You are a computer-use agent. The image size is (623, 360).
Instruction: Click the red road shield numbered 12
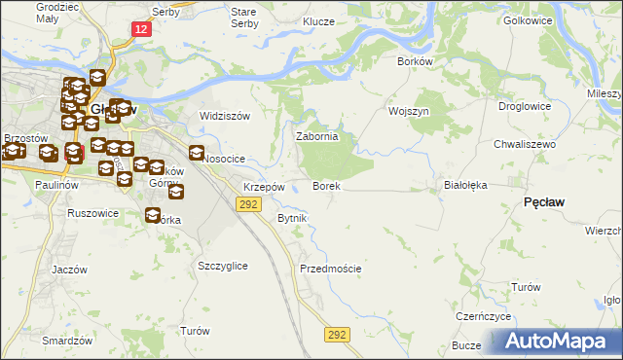142,30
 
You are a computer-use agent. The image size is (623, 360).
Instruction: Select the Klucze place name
318,20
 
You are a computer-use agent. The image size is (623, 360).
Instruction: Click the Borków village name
415,60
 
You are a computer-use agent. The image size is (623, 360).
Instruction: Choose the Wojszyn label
409,111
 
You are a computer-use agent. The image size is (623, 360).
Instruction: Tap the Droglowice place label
525,107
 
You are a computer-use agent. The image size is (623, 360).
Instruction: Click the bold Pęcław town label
544,200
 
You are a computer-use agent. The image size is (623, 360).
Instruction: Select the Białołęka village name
463,183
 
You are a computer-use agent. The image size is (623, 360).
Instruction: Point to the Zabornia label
316,137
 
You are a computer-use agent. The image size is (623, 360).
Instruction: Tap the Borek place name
325,185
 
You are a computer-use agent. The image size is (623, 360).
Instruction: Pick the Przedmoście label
331,269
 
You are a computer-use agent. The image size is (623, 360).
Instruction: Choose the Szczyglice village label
222,266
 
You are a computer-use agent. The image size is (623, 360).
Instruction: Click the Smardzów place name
67,341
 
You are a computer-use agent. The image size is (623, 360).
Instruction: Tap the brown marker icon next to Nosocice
196,153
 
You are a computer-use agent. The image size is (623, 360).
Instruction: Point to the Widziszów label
225,116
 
